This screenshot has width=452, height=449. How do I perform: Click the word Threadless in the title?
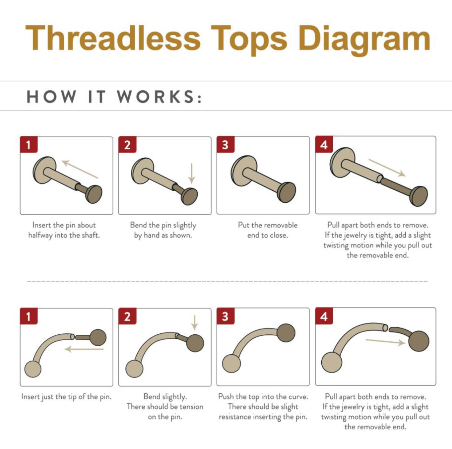113,38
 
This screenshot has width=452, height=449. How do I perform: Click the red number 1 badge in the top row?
29,144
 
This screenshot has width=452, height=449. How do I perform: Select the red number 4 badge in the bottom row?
324,316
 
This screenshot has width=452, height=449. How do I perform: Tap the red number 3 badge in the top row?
225,144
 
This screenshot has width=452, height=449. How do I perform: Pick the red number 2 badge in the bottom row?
128,316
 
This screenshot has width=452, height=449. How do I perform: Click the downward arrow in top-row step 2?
192,173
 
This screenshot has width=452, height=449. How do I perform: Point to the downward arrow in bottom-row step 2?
194,322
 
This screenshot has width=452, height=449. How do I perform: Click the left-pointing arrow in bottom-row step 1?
84,349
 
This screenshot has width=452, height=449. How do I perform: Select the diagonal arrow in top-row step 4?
387,168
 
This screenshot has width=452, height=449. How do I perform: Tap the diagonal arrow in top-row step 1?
80,169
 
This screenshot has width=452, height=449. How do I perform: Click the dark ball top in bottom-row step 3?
286,333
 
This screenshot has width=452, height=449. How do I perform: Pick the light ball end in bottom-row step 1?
33,369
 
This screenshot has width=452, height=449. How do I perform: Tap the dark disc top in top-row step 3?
286,192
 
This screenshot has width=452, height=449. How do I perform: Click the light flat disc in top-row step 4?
342,162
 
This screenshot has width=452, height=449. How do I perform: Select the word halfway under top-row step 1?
40,236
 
